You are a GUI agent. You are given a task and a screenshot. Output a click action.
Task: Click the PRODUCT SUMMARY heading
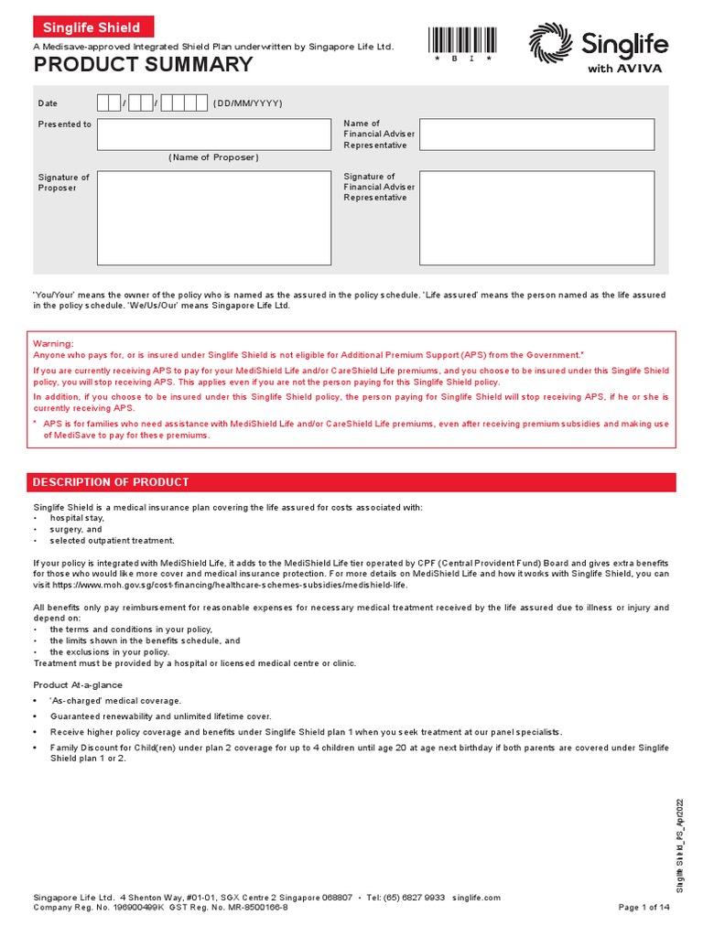tap(144, 65)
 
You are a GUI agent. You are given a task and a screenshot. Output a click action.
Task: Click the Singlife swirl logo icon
tap(550, 43)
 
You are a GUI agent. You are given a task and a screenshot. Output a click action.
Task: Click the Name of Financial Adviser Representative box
tap(536, 134)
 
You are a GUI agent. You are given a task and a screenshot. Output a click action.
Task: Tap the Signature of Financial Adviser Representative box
tap(536, 218)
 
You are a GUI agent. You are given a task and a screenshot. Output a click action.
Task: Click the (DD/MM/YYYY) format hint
tap(248, 103)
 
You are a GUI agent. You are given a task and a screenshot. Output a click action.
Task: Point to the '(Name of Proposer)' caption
tap(213, 157)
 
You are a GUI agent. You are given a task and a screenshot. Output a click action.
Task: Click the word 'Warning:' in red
tap(54, 342)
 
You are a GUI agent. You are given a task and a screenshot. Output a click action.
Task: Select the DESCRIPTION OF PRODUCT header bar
tap(355, 482)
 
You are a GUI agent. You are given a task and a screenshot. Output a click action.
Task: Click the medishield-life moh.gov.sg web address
tap(235, 584)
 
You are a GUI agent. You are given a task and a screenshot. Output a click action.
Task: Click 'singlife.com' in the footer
tap(477, 898)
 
